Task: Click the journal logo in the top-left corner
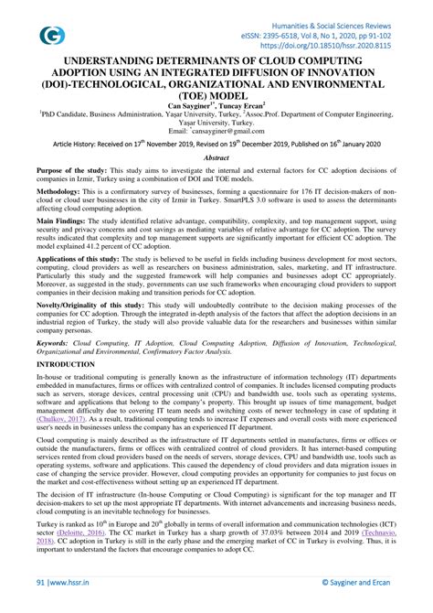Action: pos(52,35)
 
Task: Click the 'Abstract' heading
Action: pos(216,157)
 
